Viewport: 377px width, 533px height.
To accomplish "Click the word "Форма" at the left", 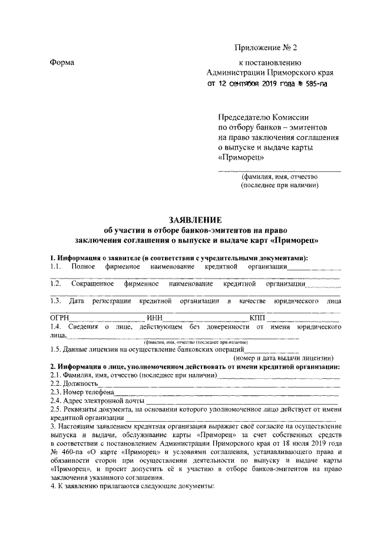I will click(x=62, y=62).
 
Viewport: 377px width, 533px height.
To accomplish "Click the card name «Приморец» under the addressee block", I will click(x=242, y=157).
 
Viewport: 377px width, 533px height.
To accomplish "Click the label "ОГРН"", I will click(x=60, y=319).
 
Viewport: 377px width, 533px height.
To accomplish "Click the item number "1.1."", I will click(x=57, y=267).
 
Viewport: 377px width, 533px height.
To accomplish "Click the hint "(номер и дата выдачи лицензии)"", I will click(x=285, y=357).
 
